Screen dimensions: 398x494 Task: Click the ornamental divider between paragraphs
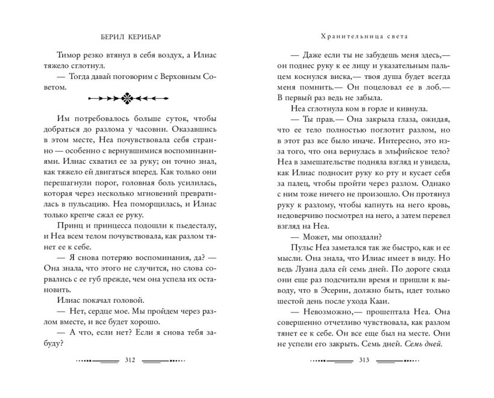click(x=128, y=97)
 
